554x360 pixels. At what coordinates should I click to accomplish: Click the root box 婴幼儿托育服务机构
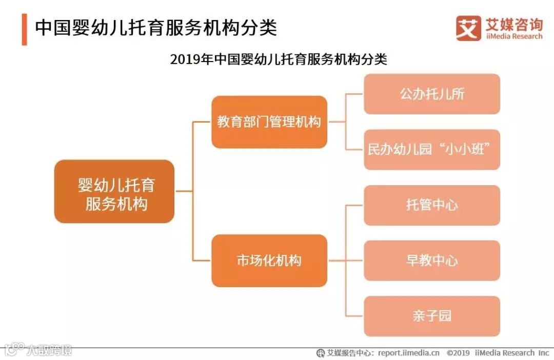click(x=114, y=191)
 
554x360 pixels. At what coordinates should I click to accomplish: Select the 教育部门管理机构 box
click(x=269, y=122)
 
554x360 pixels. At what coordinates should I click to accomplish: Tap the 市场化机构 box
click(x=269, y=261)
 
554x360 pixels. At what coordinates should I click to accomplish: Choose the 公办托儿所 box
click(x=431, y=94)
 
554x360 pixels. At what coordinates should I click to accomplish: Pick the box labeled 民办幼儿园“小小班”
click(x=431, y=150)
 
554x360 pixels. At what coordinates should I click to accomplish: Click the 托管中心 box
click(x=431, y=205)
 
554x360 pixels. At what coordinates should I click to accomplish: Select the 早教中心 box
click(x=431, y=261)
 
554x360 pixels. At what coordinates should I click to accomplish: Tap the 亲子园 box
click(x=431, y=316)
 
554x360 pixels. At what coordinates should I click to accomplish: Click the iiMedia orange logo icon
click(x=468, y=28)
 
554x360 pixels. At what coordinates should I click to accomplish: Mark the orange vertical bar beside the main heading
click(x=24, y=30)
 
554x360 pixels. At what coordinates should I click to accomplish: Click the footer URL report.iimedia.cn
click(x=408, y=353)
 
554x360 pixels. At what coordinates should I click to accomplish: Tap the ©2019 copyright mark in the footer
click(x=458, y=353)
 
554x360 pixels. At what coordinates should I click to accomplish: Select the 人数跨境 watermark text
click(x=50, y=350)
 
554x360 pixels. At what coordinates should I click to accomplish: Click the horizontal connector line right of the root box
click(x=183, y=191)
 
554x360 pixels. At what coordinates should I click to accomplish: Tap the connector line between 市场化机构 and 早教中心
click(x=346, y=261)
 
